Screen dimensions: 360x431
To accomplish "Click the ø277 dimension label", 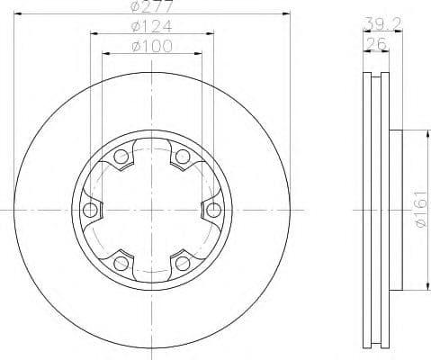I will [152, 7].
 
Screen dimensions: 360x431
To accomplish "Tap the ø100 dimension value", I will [152, 46].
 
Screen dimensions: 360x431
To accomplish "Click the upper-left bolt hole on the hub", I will [121, 157].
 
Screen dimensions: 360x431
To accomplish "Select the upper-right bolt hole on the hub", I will [183, 157].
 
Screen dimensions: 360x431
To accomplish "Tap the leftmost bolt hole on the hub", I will [90, 211].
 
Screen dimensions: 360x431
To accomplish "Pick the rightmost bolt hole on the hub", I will [213, 211].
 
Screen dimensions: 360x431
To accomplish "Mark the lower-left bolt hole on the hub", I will [121, 263].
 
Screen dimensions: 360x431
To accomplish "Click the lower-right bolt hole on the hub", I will [183, 263].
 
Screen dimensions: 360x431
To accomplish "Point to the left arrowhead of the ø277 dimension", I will [16, 13].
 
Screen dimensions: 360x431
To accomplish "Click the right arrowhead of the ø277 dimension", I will [289, 13].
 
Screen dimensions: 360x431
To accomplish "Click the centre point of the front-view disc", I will [152, 211].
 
